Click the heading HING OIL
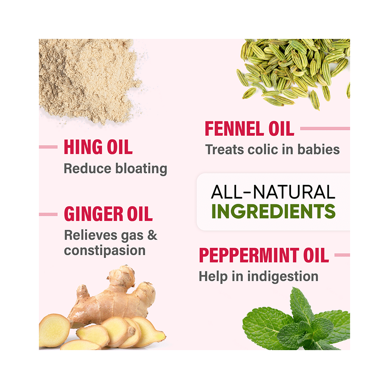[98, 147]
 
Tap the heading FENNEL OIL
[249, 128]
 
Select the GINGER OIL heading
[108, 214]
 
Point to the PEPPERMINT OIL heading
[264, 255]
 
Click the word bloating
[141, 169]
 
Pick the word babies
[319, 149]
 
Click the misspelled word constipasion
[105, 251]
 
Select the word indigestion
[283, 276]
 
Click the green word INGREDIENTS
[273, 211]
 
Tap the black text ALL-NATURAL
[273, 192]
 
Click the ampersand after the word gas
[152, 235]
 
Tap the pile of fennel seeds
[294, 72]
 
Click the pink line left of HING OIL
[48, 147]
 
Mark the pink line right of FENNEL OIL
[325, 128]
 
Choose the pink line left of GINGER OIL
[48, 214]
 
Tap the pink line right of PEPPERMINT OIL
[342, 255]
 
